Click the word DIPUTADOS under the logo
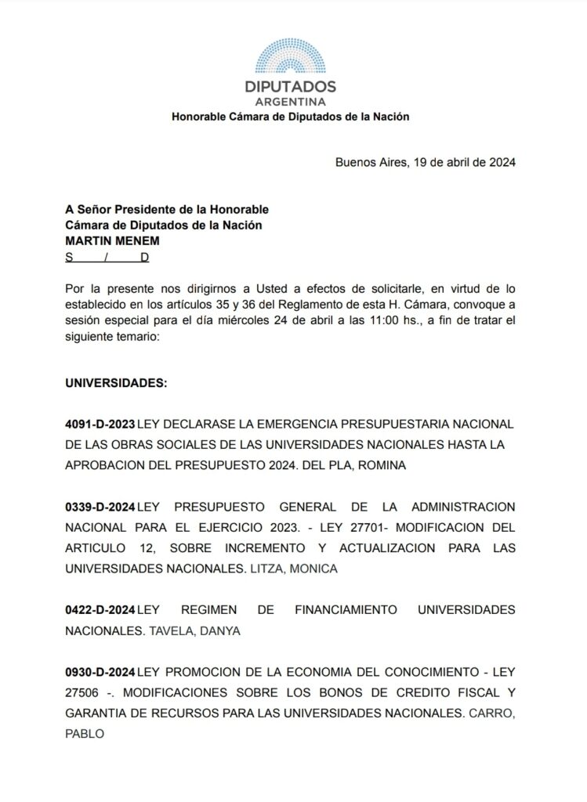291,87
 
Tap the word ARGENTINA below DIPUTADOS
291,103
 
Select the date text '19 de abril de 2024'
462,163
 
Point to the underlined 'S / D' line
107,257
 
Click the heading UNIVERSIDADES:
116,384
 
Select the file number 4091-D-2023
100,424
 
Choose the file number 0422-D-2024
100,609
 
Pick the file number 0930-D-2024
100,673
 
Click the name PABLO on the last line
85,735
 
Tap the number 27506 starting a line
84,694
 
